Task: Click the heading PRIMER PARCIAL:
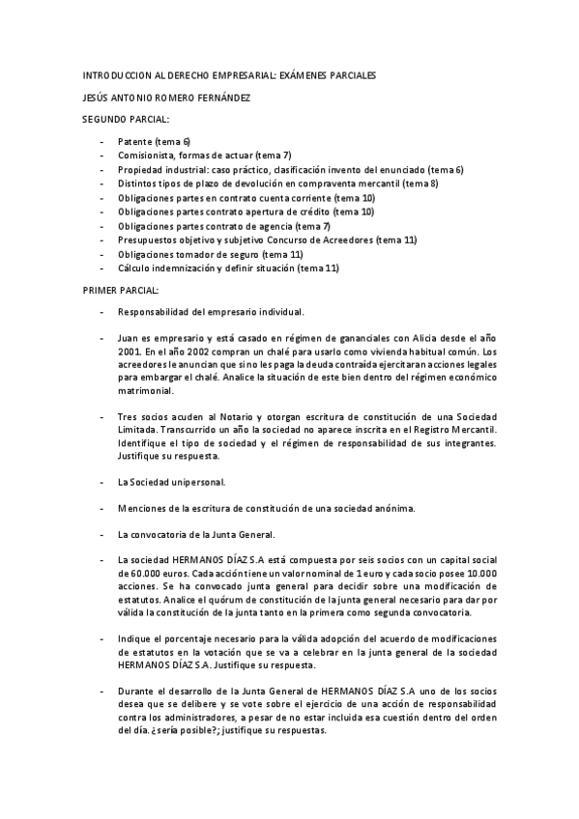click(x=120, y=290)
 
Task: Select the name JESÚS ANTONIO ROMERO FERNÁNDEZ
click(x=167, y=97)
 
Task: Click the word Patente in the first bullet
click(x=135, y=141)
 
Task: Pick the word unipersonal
click(x=194, y=481)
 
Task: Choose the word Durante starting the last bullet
click(x=137, y=692)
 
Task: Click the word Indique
click(x=135, y=639)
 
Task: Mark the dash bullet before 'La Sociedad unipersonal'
click(x=101, y=481)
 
